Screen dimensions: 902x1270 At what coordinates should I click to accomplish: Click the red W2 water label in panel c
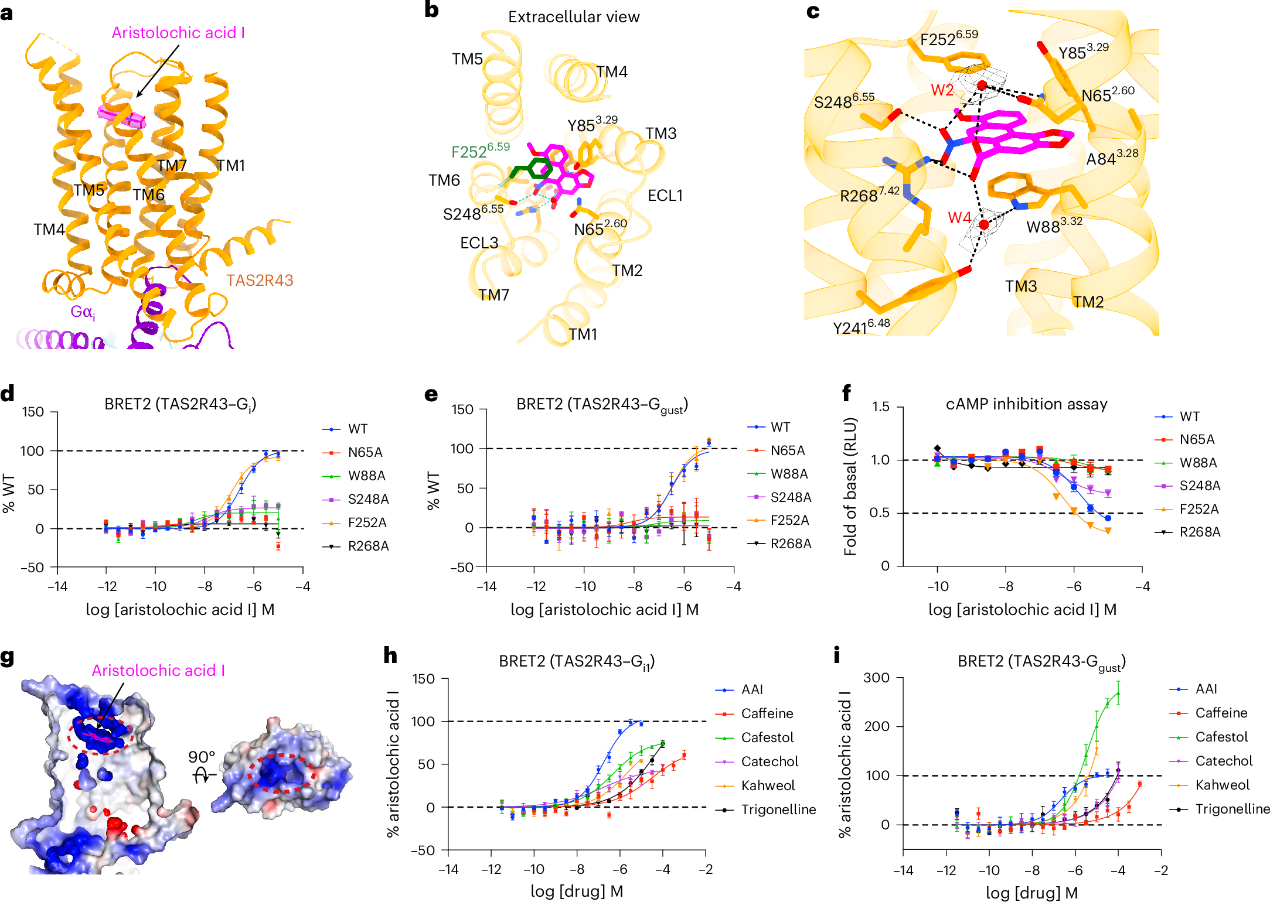(x=942, y=90)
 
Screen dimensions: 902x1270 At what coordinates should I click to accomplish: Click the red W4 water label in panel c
(x=959, y=218)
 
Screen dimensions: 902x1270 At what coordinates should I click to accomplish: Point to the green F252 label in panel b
(x=480, y=151)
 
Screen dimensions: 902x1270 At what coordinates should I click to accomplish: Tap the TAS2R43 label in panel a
(x=260, y=281)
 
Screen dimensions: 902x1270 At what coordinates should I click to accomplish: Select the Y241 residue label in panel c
(x=861, y=327)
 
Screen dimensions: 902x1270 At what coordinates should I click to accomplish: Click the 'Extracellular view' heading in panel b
(x=573, y=17)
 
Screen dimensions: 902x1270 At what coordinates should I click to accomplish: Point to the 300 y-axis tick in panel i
(x=876, y=678)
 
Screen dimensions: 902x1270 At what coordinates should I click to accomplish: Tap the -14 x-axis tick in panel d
(x=57, y=586)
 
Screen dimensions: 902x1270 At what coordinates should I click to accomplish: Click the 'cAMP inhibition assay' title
(x=1026, y=404)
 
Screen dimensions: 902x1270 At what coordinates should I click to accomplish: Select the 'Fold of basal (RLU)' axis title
(x=850, y=486)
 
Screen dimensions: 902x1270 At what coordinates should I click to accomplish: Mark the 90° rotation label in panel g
(x=202, y=757)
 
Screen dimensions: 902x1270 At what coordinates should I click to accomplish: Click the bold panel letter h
(x=390, y=655)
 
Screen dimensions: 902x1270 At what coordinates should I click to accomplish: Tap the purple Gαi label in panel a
(x=83, y=312)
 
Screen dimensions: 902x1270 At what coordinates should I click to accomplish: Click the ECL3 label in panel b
(x=479, y=242)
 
